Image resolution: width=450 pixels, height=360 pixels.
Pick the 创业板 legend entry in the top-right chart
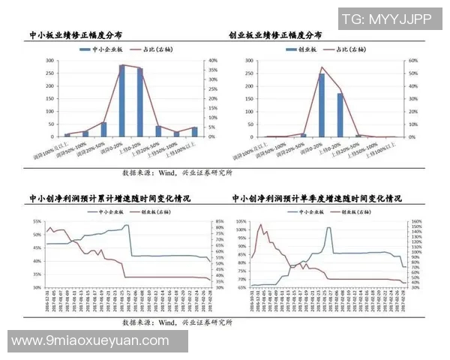[x=304, y=49]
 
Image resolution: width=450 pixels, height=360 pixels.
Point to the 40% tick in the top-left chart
[x=212, y=61]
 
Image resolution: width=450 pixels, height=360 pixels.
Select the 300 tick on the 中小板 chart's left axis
[x=50, y=61]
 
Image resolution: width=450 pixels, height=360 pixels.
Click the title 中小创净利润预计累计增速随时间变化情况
[x=109, y=199]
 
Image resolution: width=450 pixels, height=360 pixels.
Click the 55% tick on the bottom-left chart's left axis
[x=37, y=222]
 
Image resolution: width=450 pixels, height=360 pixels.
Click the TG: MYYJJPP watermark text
[x=386, y=18]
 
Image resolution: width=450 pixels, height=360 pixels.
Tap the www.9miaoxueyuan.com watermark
[x=91, y=340]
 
